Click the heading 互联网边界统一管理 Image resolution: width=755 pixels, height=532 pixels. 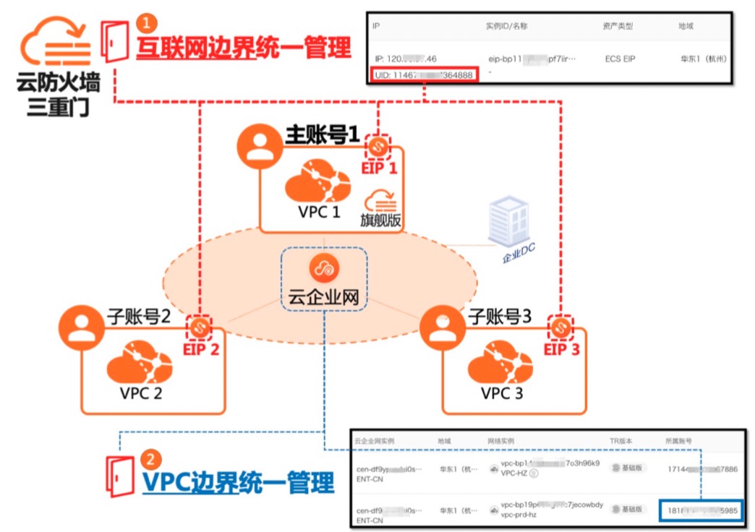click(x=244, y=48)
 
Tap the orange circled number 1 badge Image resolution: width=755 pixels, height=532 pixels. click(x=145, y=23)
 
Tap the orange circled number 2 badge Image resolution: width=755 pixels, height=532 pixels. click(x=150, y=458)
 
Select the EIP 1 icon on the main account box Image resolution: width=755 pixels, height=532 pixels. click(x=377, y=147)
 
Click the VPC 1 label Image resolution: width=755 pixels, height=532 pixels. click(x=319, y=213)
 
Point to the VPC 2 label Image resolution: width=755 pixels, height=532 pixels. click(x=141, y=393)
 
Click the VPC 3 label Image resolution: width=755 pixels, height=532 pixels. click(x=502, y=393)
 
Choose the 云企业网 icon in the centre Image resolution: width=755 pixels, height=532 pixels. click(x=323, y=268)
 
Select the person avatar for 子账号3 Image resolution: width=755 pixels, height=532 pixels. click(x=443, y=329)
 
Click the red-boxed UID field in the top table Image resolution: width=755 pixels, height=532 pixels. click(x=424, y=74)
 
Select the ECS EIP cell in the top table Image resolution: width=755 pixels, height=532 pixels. click(x=620, y=59)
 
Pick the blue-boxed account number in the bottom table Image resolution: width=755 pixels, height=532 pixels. click(x=701, y=510)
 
